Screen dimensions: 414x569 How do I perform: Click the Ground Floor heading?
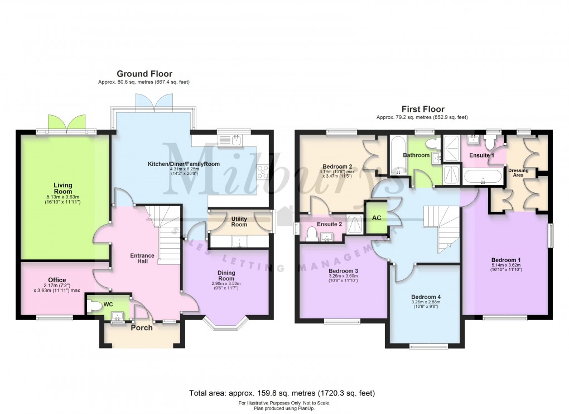point(144,74)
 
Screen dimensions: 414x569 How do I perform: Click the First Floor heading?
point(423,109)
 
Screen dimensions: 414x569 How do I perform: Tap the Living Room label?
point(63,188)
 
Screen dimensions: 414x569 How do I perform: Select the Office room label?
point(57,280)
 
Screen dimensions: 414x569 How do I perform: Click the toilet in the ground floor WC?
point(95,306)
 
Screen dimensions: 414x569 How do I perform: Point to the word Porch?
point(141,328)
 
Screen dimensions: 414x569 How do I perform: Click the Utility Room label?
point(239,221)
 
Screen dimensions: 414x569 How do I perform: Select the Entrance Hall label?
point(142,258)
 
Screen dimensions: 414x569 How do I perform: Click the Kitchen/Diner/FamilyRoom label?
point(184,164)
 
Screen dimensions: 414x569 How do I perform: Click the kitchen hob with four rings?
point(262,171)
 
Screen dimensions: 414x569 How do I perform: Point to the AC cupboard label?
point(377,217)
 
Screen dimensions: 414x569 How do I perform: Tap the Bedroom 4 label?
point(426,297)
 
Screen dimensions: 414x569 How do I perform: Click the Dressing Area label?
point(518,173)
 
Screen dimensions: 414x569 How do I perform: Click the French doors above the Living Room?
point(67,123)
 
